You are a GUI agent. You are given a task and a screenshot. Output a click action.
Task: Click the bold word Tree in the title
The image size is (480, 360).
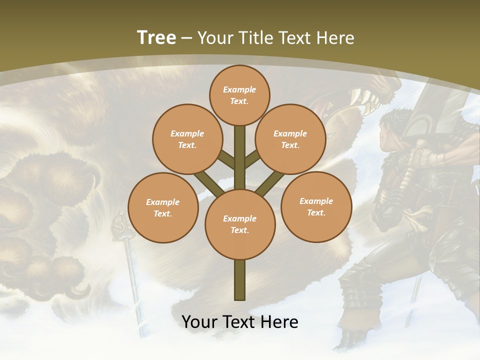click(x=156, y=37)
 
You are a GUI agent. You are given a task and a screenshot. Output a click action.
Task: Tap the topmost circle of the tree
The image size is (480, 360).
click(x=239, y=95)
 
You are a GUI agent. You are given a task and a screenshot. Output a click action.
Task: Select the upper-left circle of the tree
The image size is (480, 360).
click(x=187, y=139)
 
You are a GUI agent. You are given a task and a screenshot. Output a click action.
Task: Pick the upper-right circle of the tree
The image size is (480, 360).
click(x=290, y=139)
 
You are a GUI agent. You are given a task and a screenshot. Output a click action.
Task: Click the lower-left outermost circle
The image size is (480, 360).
click(x=162, y=207)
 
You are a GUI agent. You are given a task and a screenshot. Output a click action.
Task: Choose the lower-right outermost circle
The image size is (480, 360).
click(x=316, y=206)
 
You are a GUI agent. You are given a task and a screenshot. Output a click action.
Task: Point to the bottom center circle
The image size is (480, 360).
click(x=239, y=224)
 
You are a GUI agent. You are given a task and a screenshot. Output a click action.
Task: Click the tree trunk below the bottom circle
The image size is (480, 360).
click(x=239, y=280)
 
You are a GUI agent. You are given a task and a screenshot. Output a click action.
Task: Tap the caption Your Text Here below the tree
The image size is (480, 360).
click(x=239, y=322)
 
